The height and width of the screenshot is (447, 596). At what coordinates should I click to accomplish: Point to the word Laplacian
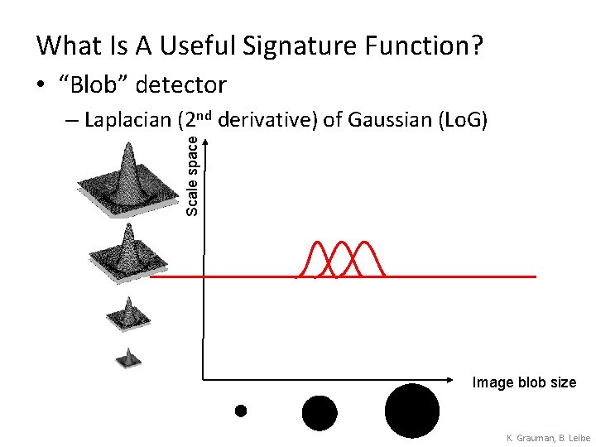128,121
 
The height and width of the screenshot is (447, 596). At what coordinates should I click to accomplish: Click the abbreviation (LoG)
458,121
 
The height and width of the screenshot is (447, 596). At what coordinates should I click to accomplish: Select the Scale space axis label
192,176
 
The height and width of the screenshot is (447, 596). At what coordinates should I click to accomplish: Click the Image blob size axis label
523,382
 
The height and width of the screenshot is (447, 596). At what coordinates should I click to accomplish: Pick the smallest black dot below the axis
241,410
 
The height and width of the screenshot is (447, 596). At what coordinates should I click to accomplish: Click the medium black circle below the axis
320,412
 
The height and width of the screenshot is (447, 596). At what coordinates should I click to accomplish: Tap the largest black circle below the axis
412,411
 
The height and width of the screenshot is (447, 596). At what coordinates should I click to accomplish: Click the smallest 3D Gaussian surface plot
128,358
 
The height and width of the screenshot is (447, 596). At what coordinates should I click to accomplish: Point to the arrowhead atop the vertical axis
204,140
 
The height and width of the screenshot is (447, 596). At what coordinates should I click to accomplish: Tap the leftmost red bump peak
316,243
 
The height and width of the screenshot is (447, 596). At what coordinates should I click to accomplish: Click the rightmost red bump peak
365,243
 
